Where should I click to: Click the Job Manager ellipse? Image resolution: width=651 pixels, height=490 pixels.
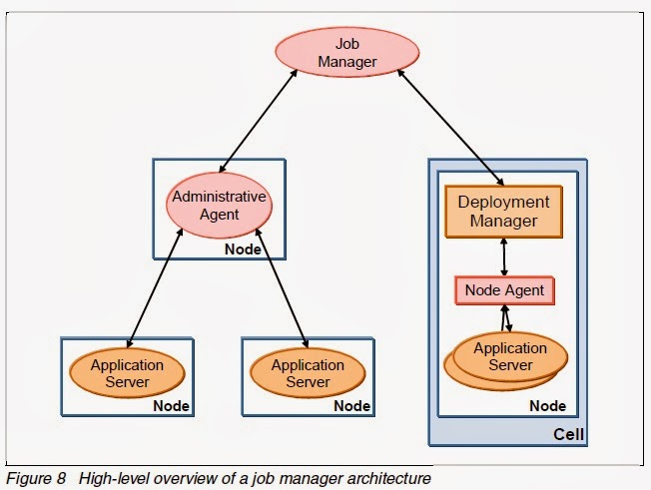coord(346,52)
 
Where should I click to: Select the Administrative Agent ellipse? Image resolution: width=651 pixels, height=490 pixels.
coord(219,206)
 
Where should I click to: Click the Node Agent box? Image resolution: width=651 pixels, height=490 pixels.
coord(503,290)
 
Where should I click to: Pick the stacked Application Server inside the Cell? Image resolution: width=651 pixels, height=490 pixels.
coord(509,357)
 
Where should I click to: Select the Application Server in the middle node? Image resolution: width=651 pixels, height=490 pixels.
coord(307,373)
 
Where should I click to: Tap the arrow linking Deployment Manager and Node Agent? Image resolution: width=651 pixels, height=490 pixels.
coord(504,256)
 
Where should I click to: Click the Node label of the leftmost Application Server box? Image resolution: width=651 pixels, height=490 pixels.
coord(171,406)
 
